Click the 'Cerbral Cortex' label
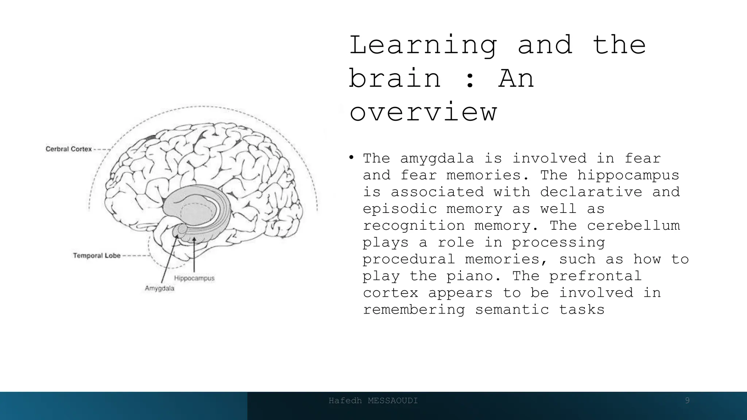pos(69,149)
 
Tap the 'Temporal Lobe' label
pos(97,256)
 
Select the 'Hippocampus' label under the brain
pos(194,278)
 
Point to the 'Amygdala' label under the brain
pos(159,288)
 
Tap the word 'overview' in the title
pos(423,112)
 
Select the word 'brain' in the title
pos(395,78)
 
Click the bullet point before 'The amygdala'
pos(351,157)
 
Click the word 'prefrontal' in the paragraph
pos(596,276)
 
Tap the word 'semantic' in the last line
pos(512,310)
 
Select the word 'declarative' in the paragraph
pos(591,192)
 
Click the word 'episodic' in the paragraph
pos(400,209)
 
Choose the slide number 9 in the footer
pos(687,401)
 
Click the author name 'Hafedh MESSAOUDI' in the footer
pos(373,401)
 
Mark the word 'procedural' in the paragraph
pos(409,259)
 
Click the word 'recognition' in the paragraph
pos(414,226)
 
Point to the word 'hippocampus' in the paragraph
pos(628,175)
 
